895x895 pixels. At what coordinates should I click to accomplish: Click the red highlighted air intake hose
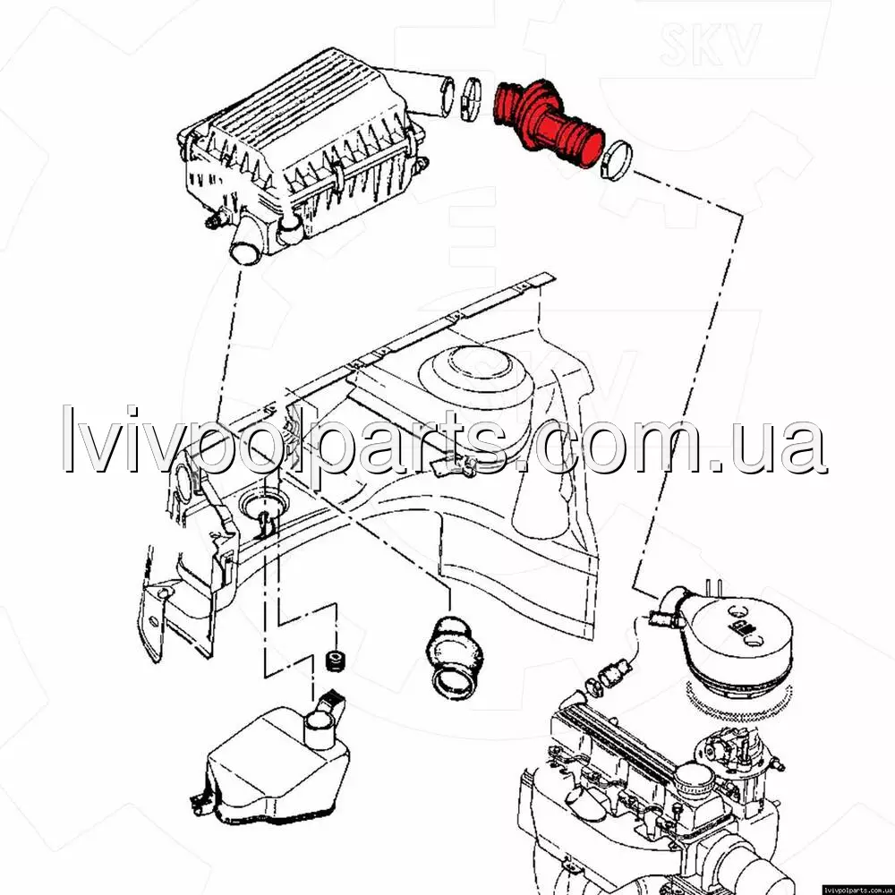tap(545, 122)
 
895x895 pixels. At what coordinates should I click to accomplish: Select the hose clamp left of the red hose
tap(471, 99)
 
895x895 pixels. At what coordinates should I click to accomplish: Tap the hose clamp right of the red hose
tap(617, 159)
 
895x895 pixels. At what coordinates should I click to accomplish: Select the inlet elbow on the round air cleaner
tap(674, 604)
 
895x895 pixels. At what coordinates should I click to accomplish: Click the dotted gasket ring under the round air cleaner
tap(738, 701)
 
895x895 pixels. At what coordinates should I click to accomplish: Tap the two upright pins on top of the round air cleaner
tap(713, 587)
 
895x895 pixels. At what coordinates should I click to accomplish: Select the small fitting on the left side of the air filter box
tap(215, 219)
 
